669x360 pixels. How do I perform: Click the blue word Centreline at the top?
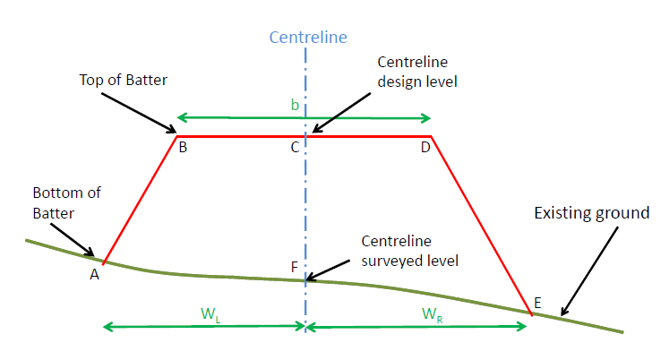point(307,38)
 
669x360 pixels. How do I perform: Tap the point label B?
point(182,148)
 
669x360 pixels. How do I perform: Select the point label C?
point(295,148)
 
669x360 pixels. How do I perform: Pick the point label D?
point(425,148)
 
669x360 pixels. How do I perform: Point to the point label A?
point(93,275)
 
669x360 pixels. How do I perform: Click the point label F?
point(295,267)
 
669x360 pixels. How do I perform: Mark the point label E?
point(536,303)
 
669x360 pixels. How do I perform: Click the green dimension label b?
point(295,106)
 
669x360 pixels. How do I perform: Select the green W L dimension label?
point(209,314)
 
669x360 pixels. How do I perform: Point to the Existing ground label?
point(590,213)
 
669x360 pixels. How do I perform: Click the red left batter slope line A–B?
point(141,199)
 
